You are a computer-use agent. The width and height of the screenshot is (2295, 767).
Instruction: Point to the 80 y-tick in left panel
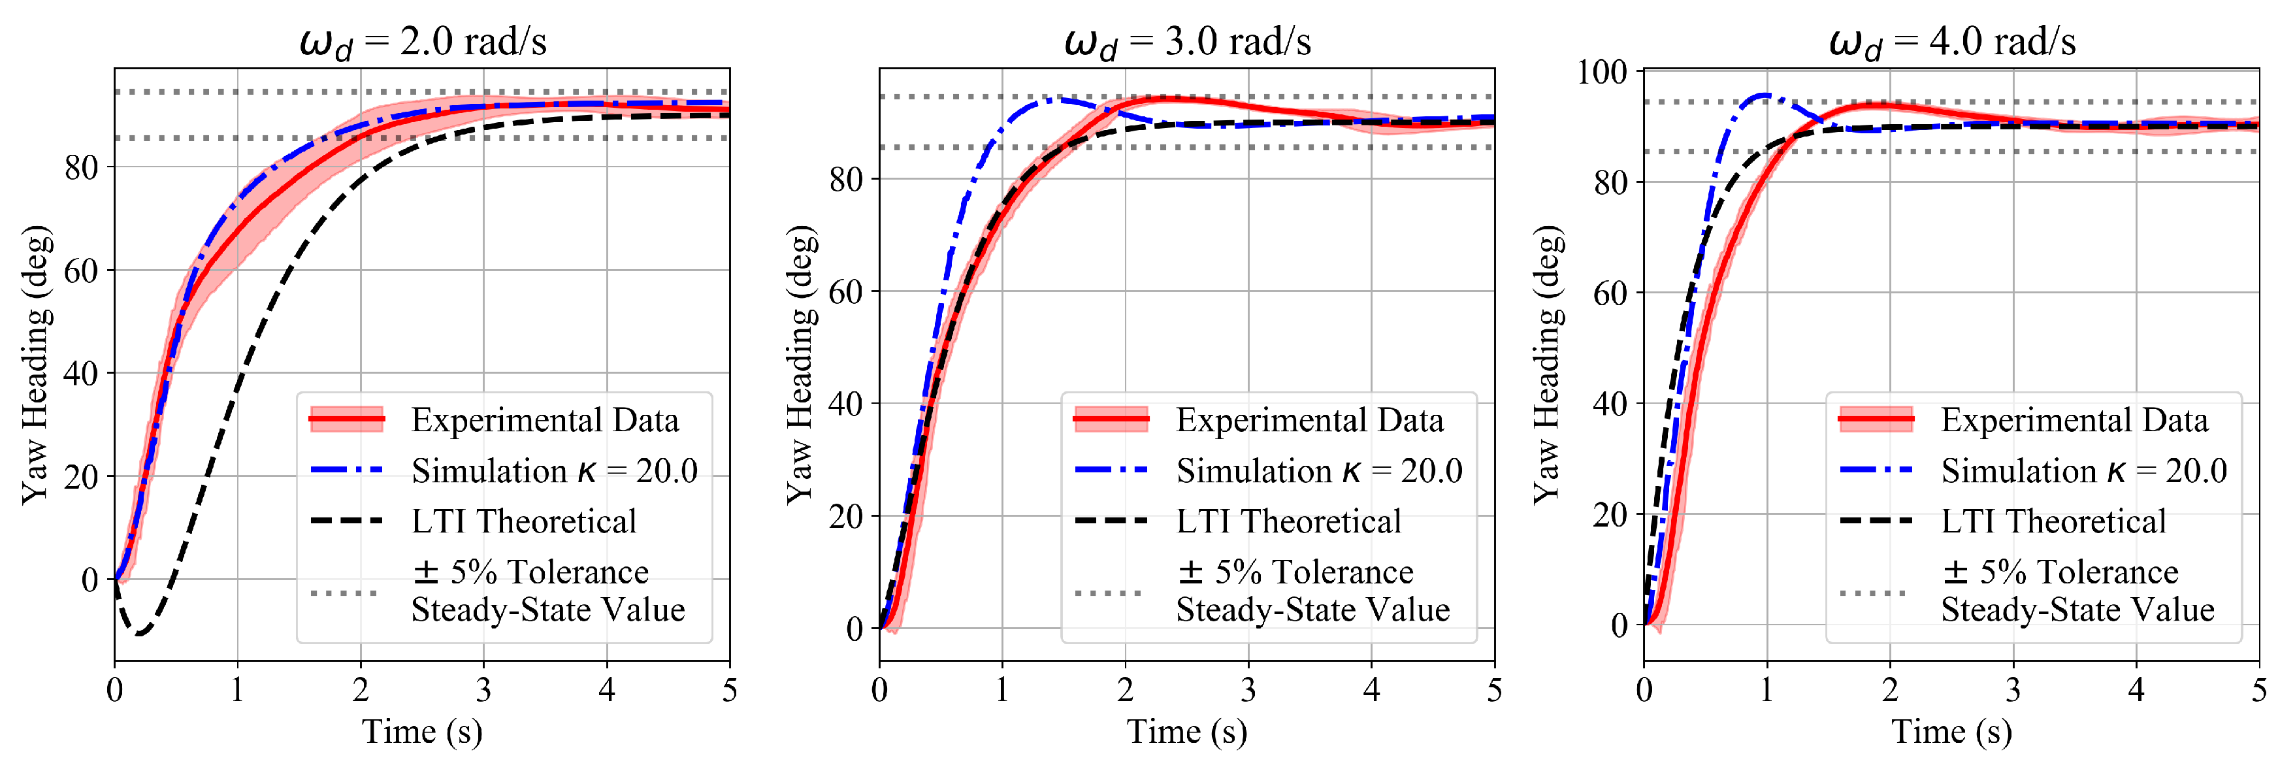pyautogui.click(x=81, y=167)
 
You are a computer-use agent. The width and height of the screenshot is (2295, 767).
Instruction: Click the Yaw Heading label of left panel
pyautogui.click(x=36, y=365)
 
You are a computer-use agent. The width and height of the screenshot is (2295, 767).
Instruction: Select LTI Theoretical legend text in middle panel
pyautogui.click(x=1288, y=521)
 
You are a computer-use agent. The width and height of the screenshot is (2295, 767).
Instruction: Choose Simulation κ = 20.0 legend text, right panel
pyautogui.click(x=2084, y=470)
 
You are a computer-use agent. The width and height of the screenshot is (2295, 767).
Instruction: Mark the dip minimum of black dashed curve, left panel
pyautogui.click(x=140, y=633)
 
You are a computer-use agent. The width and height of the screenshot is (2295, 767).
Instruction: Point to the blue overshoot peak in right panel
pyautogui.click(x=1763, y=95)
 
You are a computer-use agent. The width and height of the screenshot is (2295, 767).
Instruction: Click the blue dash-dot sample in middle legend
pyautogui.click(x=1111, y=470)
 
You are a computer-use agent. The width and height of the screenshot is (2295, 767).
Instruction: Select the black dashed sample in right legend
pyautogui.click(x=1876, y=520)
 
